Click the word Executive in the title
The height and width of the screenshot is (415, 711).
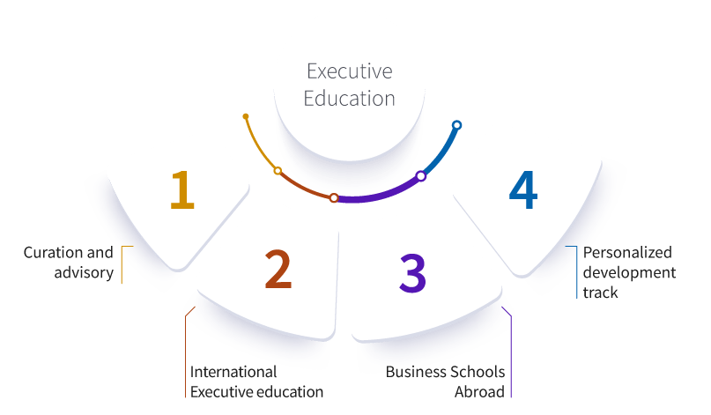click(x=349, y=71)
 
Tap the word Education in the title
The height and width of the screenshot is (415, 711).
click(x=349, y=99)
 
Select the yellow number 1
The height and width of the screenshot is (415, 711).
click(x=182, y=189)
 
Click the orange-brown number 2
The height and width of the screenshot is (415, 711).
click(x=278, y=269)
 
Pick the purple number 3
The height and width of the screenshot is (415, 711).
click(x=412, y=272)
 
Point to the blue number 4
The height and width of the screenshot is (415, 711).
click(x=523, y=189)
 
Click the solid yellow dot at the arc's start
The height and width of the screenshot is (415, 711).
click(x=246, y=116)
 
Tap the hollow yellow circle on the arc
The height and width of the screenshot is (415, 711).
click(x=278, y=171)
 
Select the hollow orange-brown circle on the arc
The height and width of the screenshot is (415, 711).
click(x=334, y=197)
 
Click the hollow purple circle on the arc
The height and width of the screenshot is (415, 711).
click(x=421, y=176)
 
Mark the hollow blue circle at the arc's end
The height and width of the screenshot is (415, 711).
click(x=456, y=125)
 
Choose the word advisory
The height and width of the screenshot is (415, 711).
click(x=84, y=272)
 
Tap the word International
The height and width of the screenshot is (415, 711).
click(x=233, y=372)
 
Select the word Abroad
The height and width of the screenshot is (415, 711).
click(x=480, y=392)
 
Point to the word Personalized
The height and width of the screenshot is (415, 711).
click(x=627, y=253)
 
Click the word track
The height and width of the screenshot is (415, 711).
click(x=600, y=293)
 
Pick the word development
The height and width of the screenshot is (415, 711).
click(x=629, y=272)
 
